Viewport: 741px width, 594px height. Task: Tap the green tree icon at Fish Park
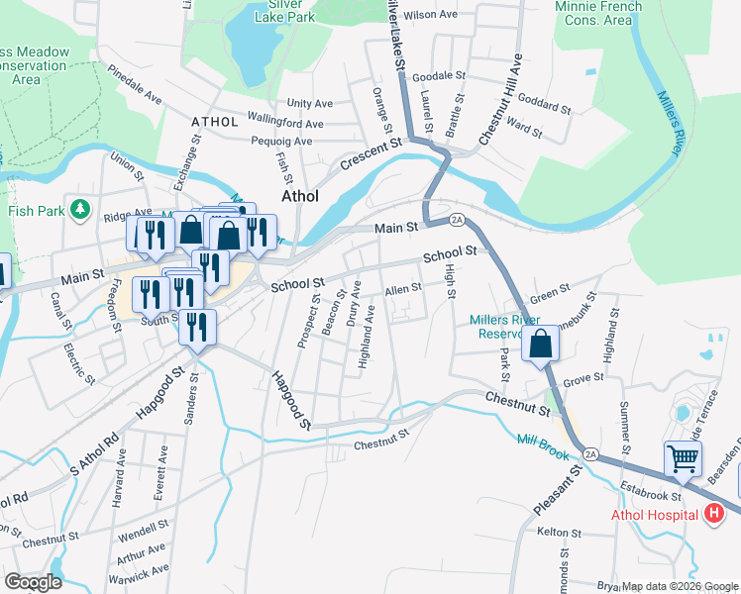(x=83, y=210)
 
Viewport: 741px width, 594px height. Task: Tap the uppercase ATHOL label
(x=215, y=122)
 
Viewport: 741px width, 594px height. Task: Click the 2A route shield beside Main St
(x=457, y=219)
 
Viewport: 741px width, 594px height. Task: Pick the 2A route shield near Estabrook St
(x=591, y=453)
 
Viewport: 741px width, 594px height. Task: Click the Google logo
(x=33, y=581)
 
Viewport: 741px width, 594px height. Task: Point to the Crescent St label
(x=370, y=155)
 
